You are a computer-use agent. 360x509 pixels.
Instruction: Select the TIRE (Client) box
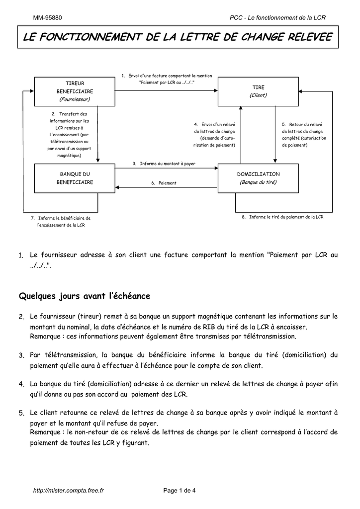[258, 91]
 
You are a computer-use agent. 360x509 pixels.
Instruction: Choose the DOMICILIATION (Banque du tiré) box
[258, 178]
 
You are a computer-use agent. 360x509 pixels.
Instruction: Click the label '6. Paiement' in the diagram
[164, 183]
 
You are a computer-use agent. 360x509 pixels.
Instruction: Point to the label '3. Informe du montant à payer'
[164, 164]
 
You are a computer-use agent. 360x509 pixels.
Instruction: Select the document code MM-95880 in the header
[48, 18]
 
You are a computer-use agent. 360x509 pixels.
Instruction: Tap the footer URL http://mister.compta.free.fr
[68, 491]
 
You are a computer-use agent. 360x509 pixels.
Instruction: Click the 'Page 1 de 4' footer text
[180, 491]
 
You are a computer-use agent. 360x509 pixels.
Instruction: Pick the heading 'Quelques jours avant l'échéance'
[85, 296]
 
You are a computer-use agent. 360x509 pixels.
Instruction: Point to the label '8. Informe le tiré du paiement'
[282, 217]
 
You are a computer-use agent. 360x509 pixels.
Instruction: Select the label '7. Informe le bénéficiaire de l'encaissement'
[61, 221]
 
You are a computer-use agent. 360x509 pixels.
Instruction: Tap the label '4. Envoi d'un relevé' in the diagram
[214, 134]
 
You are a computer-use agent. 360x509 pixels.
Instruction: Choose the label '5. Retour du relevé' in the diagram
[302, 134]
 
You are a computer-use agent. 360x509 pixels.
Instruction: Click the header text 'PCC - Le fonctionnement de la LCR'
[277, 18]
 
